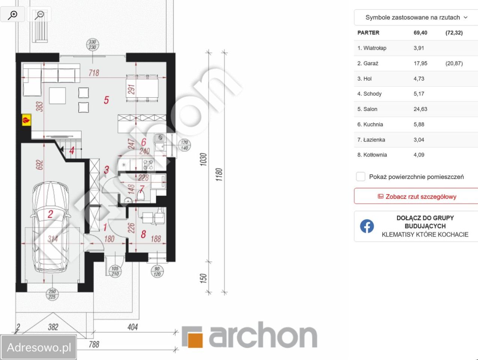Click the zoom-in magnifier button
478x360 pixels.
pos(12,15)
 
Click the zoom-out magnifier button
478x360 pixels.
pos(39,15)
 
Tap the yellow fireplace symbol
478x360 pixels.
pos(26,120)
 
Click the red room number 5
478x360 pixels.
pos(106,100)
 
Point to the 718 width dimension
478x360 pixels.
pos(94,73)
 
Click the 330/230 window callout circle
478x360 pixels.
pos(93,45)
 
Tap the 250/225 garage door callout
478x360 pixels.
pos(52,294)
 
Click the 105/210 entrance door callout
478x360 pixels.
pos(115,271)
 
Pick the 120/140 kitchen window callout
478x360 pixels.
pos(185,145)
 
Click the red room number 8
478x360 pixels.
pos(143,234)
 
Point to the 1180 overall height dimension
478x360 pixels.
pos(219,174)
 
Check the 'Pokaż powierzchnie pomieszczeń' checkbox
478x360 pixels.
pos(361,177)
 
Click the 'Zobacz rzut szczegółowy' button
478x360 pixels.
pos(416,196)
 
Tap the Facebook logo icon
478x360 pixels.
pos(367,226)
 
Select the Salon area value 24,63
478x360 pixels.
pos(420,109)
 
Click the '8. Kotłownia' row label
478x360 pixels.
pos(372,155)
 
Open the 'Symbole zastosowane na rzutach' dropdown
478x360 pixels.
pos(416,17)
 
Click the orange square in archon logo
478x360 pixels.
pos(195,340)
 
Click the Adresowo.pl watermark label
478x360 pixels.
pos(39,347)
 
